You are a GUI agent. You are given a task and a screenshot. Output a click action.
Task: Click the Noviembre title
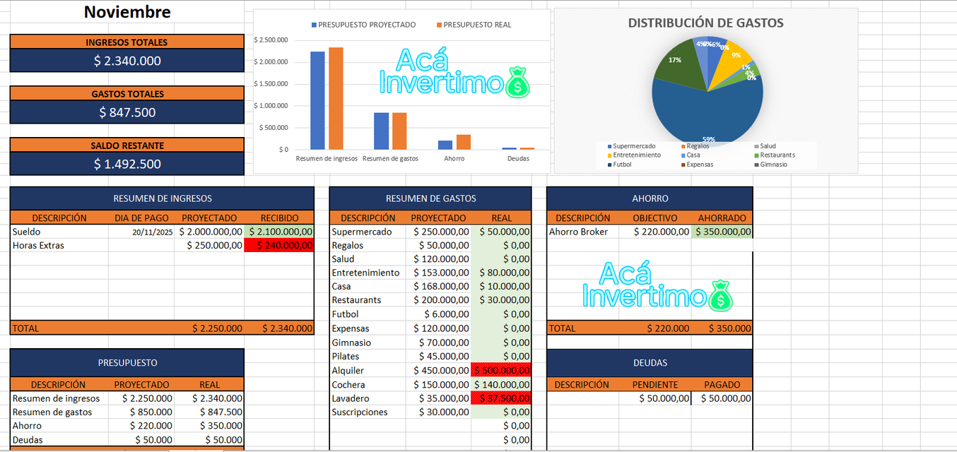pos(127,12)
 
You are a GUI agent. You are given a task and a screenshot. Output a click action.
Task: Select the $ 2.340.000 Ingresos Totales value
pos(127,61)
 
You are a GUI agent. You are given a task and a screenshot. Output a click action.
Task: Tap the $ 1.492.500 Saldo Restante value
pos(127,164)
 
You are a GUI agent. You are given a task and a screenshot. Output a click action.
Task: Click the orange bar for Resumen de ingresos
pos(336,99)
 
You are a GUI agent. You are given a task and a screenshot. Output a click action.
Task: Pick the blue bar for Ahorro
pos(445,145)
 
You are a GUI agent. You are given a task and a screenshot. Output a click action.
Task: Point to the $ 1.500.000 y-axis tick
pos(271,84)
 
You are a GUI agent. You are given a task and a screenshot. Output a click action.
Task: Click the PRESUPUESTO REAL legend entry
pos(474,25)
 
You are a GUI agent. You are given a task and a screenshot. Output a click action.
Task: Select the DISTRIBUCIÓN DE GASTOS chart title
pos(705,23)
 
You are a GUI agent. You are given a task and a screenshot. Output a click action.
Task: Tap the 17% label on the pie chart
pos(675,60)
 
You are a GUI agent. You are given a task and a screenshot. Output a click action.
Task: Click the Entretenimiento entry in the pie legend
pos(636,155)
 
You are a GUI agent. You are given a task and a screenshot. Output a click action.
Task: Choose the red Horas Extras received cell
pos(279,245)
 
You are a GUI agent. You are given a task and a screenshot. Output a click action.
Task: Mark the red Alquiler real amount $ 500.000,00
pos(500,371)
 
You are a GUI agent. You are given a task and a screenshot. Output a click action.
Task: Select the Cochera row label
pos(348,385)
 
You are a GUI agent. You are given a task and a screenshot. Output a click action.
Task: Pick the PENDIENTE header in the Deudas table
pos(654,385)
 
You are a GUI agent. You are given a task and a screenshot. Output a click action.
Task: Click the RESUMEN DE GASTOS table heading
pos(430,198)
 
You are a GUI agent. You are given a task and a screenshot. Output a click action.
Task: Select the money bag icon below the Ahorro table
pos(720,295)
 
